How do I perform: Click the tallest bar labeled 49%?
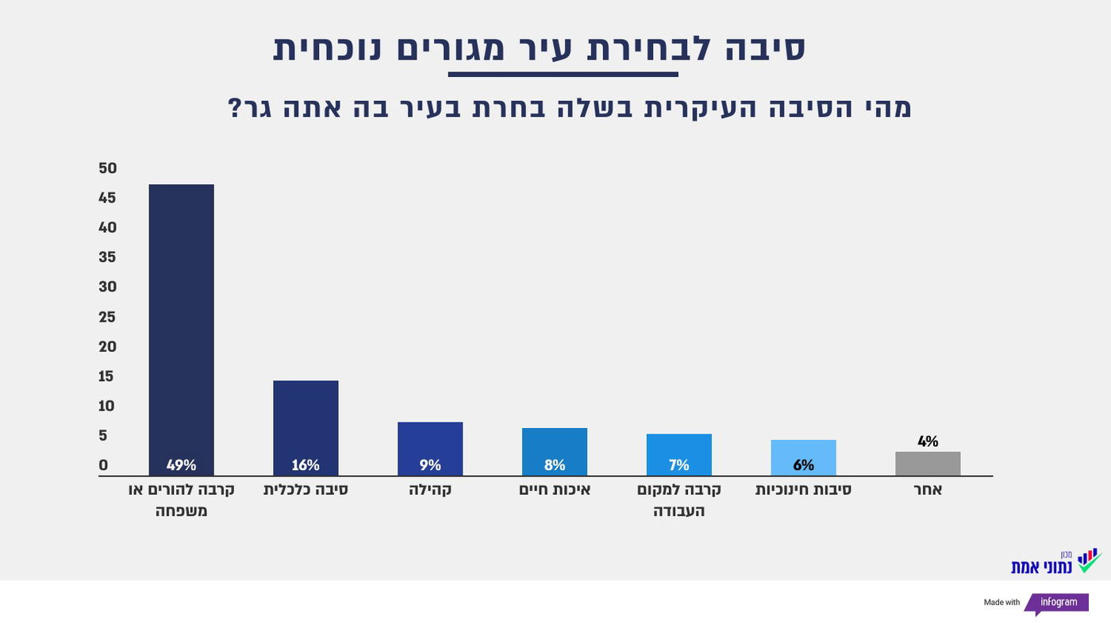point(181,330)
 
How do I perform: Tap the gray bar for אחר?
point(928,464)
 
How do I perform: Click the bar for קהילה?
point(430,449)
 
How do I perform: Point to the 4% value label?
point(928,442)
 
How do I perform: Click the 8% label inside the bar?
point(555,465)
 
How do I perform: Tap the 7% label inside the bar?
point(679,465)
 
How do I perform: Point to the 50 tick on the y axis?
point(108,168)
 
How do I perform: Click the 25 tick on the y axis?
point(108,317)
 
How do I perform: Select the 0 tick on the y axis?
point(103,465)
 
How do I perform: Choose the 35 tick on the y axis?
point(108,257)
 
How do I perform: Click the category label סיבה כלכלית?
point(306,490)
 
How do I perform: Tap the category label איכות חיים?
point(555,490)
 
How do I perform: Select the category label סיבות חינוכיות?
point(803,490)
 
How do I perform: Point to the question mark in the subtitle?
point(235,108)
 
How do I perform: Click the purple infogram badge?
point(1059,603)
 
